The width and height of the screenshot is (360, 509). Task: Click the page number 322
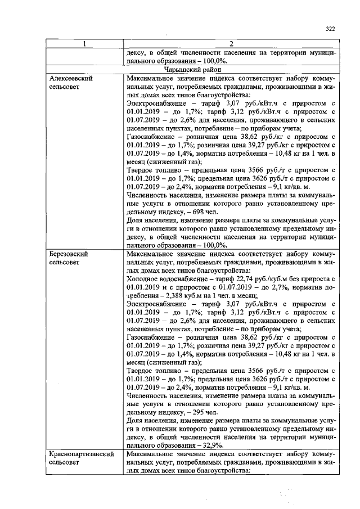330,29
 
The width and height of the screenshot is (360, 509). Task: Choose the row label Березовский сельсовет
69,258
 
